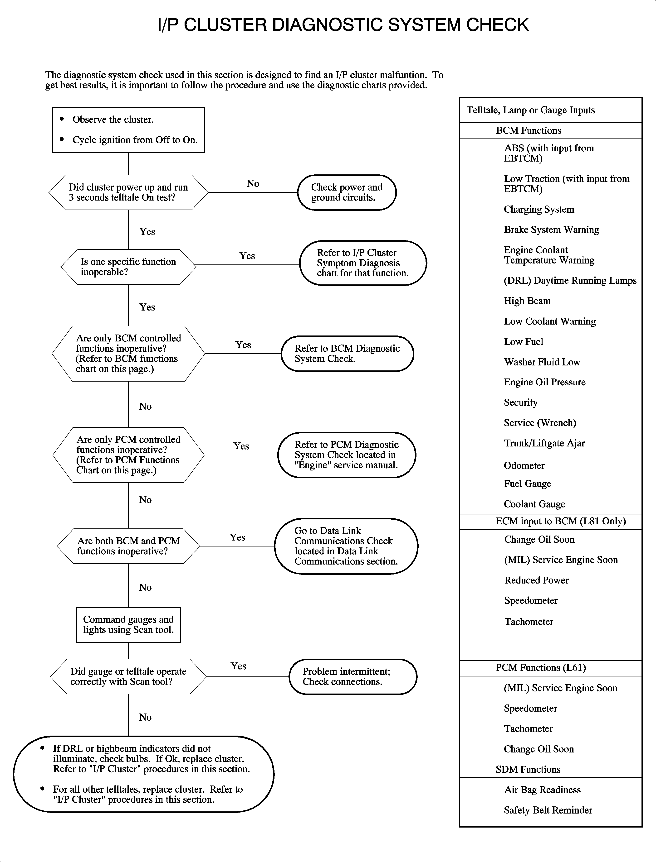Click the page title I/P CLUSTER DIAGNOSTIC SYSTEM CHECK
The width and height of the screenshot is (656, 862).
[x=343, y=25]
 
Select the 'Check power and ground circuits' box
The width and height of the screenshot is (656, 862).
[x=347, y=192]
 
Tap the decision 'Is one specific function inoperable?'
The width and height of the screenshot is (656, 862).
[x=128, y=267]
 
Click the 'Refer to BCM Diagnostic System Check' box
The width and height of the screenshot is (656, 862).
[x=347, y=353]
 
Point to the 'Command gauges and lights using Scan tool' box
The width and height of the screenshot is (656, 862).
[x=128, y=624]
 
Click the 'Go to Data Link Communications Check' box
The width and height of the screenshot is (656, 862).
[x=346, y=546]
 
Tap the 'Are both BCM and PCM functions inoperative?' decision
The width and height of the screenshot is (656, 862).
[x=128, y=546]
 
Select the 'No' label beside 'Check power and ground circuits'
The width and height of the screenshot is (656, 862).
[x=253, y=184]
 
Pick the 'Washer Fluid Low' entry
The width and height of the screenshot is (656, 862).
[x=542, y=362]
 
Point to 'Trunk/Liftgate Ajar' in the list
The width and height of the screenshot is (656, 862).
[x=544, y=443]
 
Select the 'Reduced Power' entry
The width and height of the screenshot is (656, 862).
[x=536, y=580]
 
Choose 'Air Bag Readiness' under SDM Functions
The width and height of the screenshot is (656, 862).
[x=542, y=790]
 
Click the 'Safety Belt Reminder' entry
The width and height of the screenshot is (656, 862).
[x=548, y=810]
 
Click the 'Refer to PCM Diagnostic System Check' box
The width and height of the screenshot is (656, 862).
[x=346, y=455]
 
